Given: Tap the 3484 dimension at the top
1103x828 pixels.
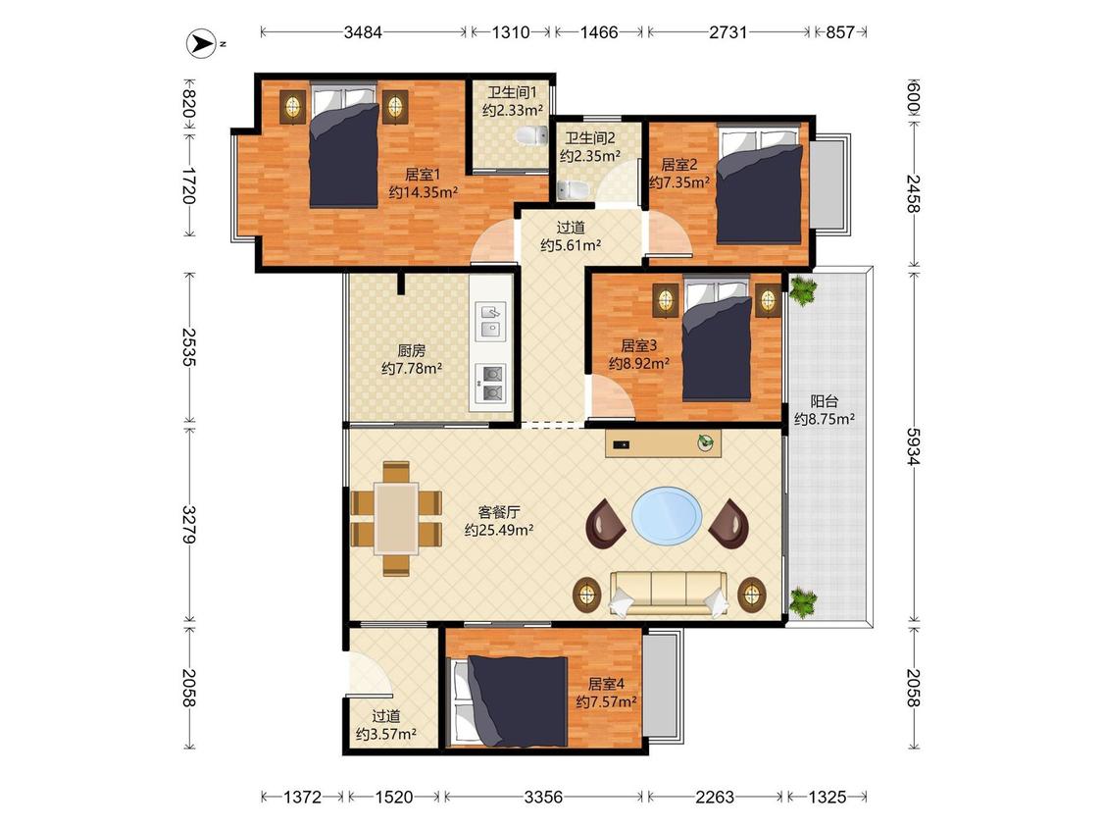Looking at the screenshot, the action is [x=363, y=32].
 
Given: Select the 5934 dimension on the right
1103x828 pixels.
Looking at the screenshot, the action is [x=913, y=446].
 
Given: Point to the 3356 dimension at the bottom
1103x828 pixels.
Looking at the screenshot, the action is [x=544, y=797].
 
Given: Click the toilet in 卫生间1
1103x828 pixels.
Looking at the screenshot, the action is [x=531, y=134].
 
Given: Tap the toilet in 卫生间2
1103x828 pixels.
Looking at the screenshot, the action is [x=573, y=189].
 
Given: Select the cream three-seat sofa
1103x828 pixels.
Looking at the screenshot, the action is [x=669, y=593].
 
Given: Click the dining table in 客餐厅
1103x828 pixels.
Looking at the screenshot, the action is [x=396, y=518].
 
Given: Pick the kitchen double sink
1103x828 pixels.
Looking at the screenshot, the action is [x=491, y=321].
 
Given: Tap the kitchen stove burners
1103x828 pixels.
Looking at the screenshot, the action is [x=491, y=384].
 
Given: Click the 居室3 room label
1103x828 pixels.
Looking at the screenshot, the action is [x=638, y=345].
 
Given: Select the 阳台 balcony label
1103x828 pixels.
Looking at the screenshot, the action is [x=825, y=401].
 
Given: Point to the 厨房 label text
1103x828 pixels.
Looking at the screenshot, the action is [x=412, y=350].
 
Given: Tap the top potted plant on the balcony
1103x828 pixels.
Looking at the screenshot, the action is [x=801, y=289].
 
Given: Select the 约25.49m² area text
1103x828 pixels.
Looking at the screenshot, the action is [x=499, y=530].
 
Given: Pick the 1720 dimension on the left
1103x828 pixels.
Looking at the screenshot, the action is [x=188, y=185].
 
